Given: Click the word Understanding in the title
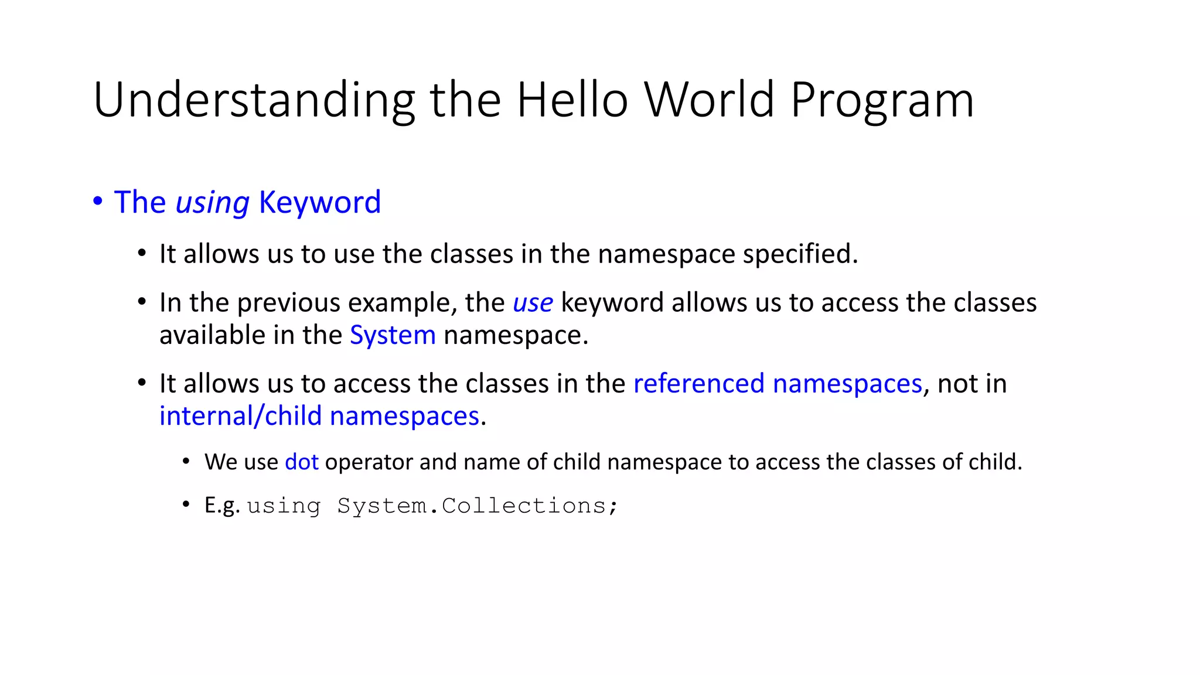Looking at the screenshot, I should [x=254, y=101].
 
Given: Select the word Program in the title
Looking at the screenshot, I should [x=882, y=101].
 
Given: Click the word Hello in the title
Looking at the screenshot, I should [x=572, y=100].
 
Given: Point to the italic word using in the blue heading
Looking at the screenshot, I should [x=213, y=203].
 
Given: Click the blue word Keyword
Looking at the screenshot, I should [x=320, y=202].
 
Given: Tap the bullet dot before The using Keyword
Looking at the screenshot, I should [x=98, y=201].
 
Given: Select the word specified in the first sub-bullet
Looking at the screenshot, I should [x=800, y=254].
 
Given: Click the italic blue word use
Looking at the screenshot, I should [x=533, y=303].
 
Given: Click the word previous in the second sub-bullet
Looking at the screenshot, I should [x=288, y=303].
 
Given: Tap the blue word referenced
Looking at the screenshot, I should [x=698, y=384].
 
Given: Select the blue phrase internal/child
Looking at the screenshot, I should [x=240, y=416].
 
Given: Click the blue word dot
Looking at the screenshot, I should [x=301, y=462].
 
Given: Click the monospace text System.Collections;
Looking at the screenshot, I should [x=478, y=506].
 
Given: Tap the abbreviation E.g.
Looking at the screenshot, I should [x=222, y=506].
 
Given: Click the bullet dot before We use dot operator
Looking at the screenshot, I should [x=186, y=462].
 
